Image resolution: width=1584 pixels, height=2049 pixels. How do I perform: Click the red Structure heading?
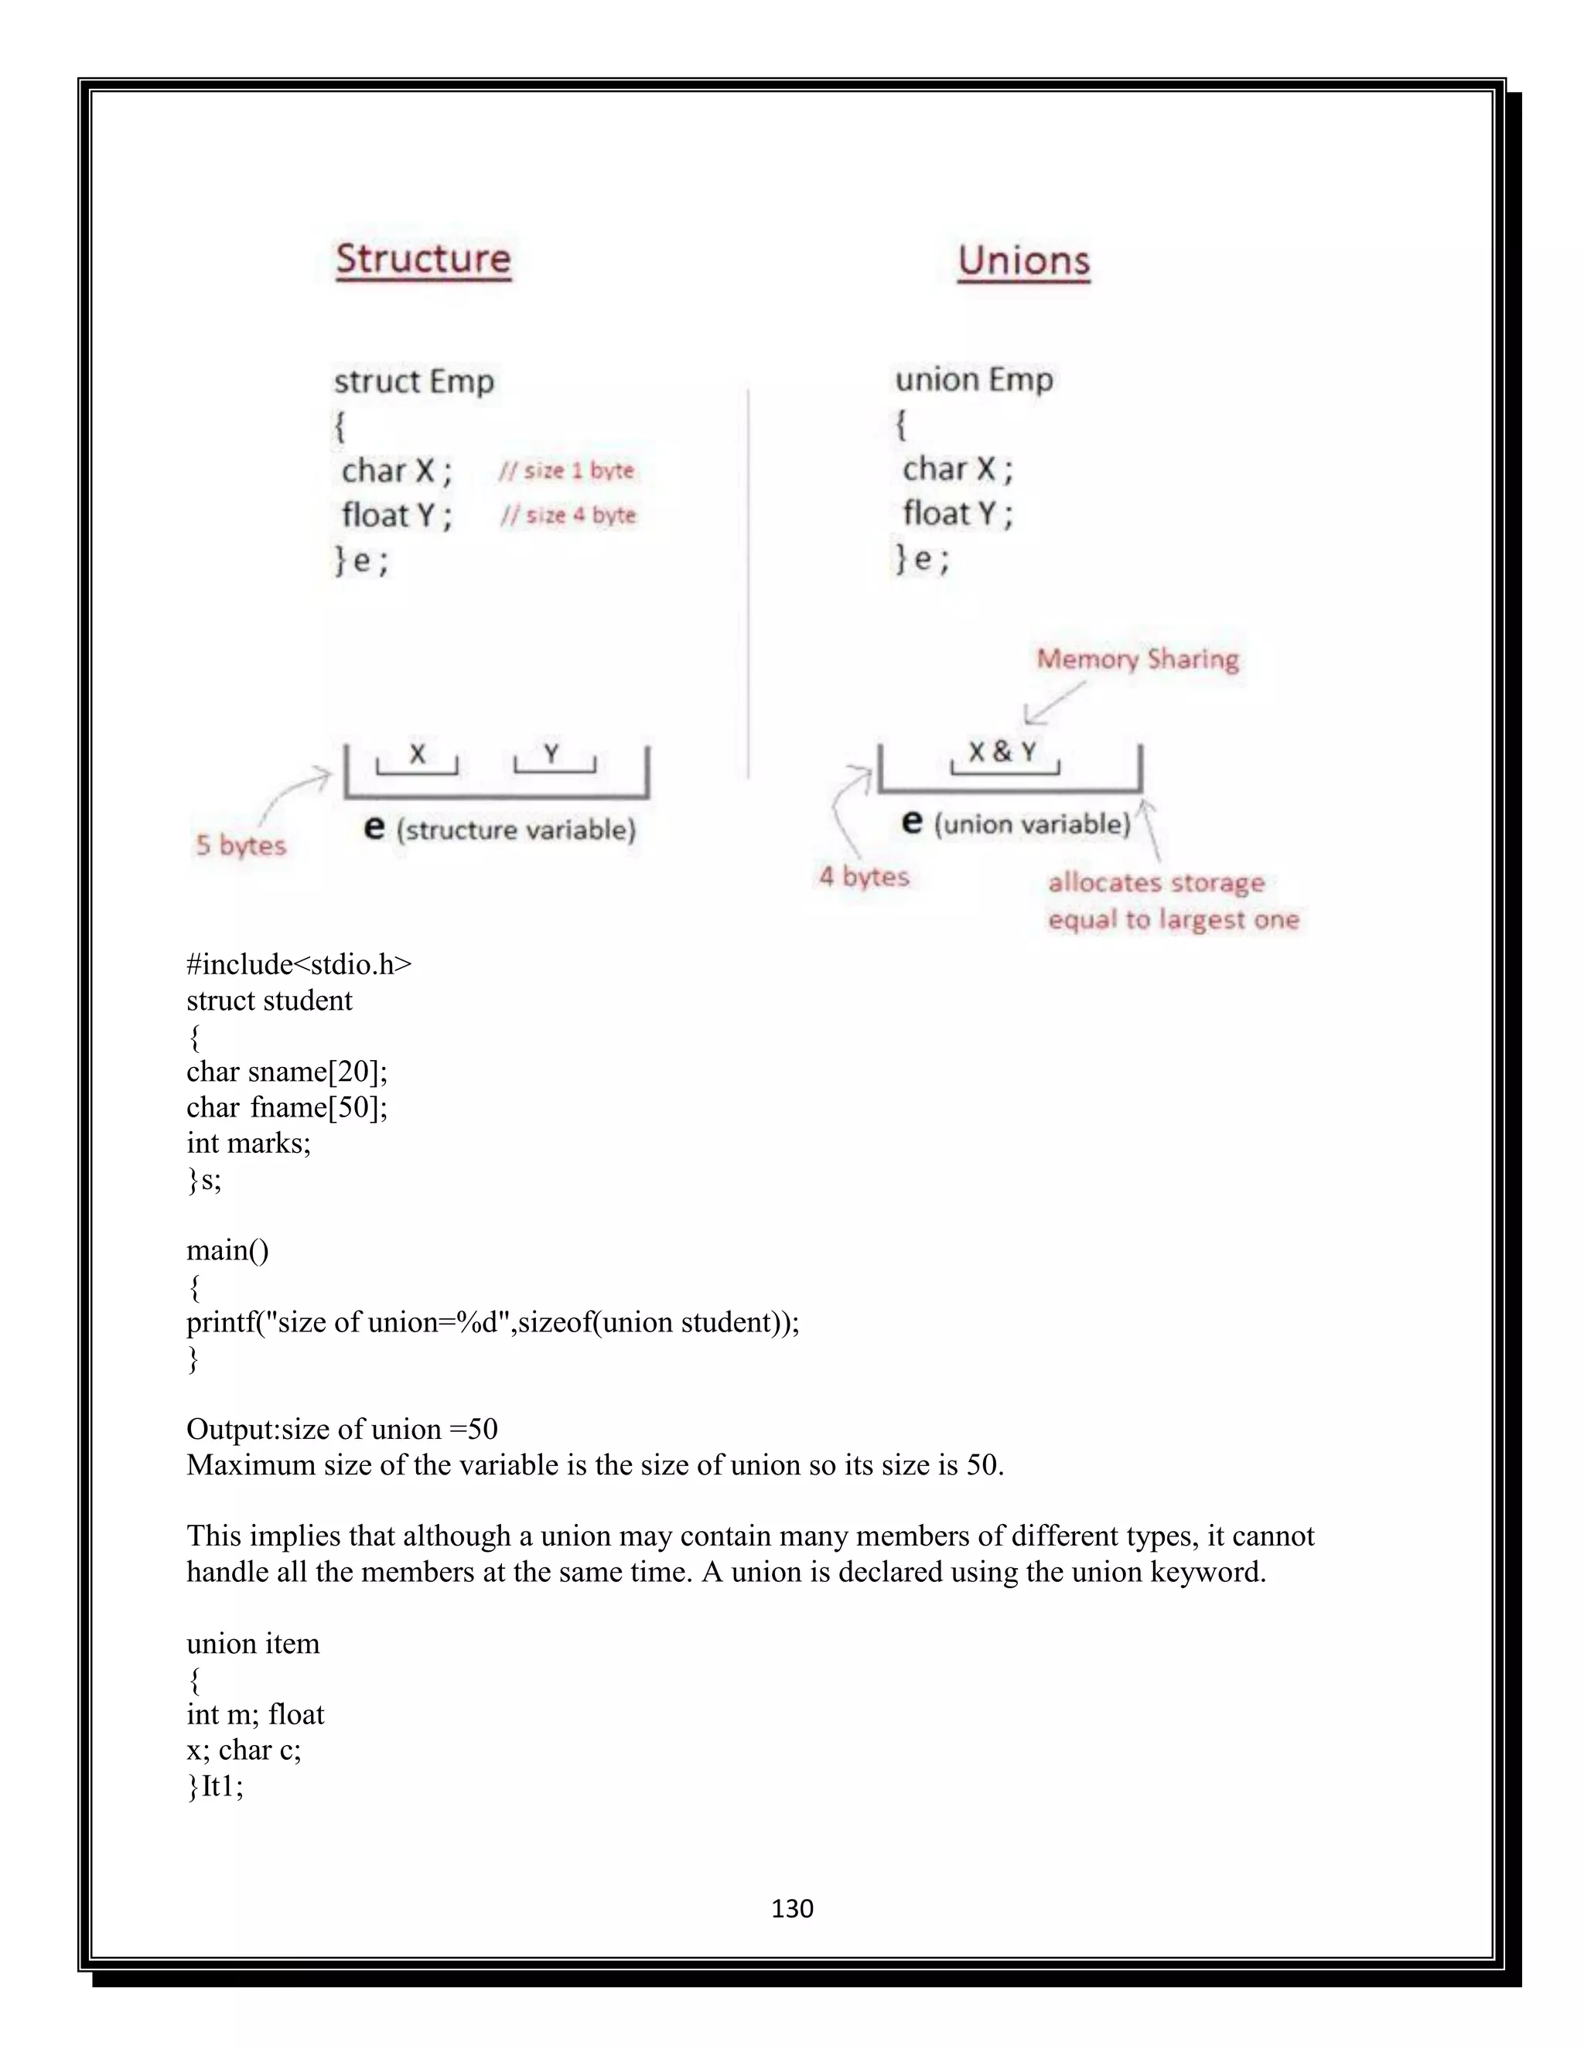point(423,259)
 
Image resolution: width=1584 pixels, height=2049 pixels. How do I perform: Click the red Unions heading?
point(1024,261)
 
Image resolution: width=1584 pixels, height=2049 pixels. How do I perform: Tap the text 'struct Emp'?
point(414,382)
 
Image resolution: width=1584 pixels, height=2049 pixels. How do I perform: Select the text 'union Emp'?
point(974,380)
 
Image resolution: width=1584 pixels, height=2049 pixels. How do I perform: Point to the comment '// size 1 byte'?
point(567,470)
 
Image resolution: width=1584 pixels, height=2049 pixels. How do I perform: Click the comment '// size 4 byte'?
point(568,515)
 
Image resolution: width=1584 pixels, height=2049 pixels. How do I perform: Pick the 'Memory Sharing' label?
point(1137,660)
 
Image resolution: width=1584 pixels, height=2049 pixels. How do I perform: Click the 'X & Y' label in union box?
point(1003,752)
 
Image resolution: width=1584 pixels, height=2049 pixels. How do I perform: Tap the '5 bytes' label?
point(241,845)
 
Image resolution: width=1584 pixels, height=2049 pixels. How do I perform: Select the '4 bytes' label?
point(864,876)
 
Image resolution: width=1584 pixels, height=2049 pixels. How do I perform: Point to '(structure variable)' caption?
point(516,830)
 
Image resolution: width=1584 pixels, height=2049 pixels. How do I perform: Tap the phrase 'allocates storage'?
point(1156,883)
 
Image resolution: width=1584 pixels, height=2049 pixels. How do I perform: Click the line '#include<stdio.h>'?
point(299,964)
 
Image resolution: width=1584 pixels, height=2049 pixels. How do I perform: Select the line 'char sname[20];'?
point(287,1072)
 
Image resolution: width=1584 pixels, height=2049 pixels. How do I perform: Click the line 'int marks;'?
point(249,1143)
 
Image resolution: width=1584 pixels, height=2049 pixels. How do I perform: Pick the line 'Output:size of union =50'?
point(342,1429)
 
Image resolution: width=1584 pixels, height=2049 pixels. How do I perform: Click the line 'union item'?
point(254,1644)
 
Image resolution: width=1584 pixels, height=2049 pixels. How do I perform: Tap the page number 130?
point(792,1908)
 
